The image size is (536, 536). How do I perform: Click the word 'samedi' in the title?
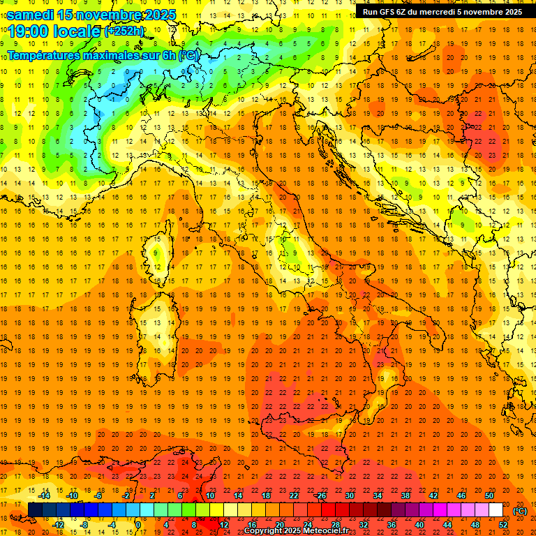30,14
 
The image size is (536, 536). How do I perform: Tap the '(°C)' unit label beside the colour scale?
520,511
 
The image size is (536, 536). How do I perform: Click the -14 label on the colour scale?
44,496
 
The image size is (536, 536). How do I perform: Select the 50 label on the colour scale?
489,496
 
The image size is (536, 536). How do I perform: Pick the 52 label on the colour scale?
502,525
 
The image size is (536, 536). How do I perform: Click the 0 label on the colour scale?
138,525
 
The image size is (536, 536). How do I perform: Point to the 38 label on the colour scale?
405,496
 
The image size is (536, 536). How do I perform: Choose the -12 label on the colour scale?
58,525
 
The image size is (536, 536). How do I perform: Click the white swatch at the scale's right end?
496,510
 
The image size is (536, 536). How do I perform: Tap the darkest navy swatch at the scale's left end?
35,510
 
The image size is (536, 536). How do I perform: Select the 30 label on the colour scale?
349,496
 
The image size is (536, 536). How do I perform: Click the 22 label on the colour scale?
293,496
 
